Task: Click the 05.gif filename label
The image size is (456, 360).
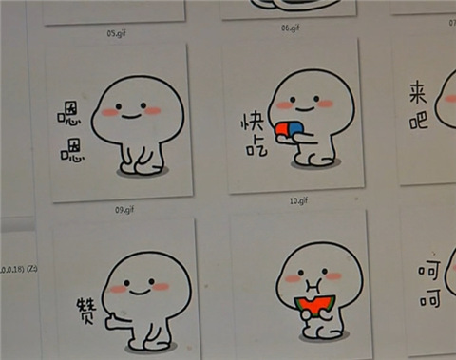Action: click(116, 34)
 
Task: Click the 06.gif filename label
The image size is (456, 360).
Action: click(291, 28)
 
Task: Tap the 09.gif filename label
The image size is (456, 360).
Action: click(123, 209)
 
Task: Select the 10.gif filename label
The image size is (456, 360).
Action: click(298, 201)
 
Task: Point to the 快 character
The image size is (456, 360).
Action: click(251, 124)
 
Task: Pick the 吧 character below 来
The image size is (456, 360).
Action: click(419, 121)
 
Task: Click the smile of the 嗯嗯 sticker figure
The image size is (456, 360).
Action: click(131, 114)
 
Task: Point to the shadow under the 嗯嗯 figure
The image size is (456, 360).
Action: click(142, 172)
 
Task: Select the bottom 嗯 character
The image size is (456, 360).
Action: click(73, 149)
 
